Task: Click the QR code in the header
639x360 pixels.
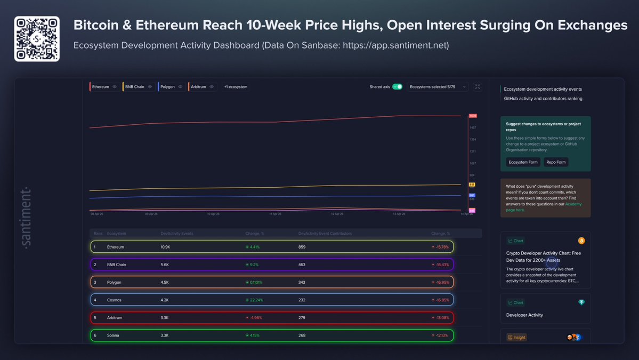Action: click(37, 39)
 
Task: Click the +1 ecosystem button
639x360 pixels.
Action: click(236, 86)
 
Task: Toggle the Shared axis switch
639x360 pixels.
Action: click(397, 86)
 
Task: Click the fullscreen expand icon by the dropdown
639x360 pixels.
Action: click(478, 86)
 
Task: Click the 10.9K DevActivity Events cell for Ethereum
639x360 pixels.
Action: click(165, 247)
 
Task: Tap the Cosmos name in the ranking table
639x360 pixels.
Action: click(115, 300)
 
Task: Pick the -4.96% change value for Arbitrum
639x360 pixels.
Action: click(255, 317)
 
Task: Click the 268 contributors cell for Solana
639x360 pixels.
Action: click(302, 335)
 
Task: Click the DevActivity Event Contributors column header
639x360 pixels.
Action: click(325, 234)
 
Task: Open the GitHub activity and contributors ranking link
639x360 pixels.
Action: click(543, 99)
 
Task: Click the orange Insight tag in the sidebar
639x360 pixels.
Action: click(516, 337)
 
